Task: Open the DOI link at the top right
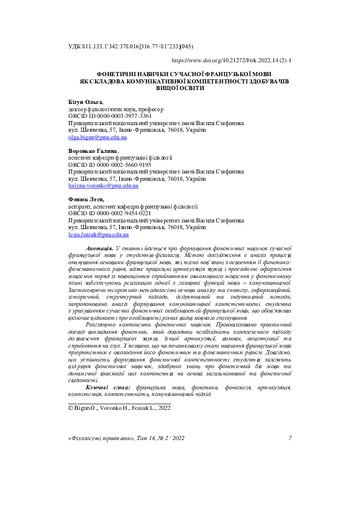(232, 61)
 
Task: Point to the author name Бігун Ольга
(85, 103)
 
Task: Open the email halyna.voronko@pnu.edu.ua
(103, 186)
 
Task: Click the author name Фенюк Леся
(87, 199)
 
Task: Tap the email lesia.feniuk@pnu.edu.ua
(99, 235)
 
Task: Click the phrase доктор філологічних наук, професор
(116, 109)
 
